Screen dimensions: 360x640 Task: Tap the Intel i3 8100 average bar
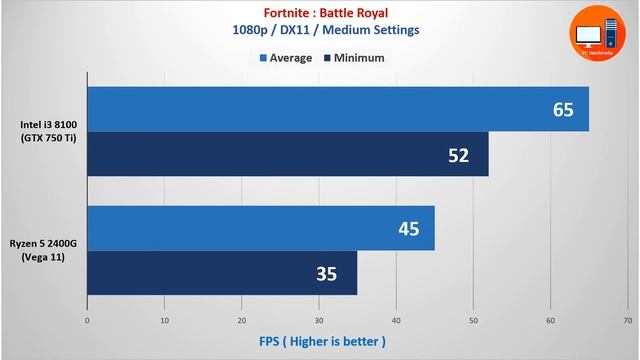pyautogui.click(x=338, y=109)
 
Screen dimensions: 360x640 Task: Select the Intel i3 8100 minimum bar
pyautogui.click(x=288, y=154)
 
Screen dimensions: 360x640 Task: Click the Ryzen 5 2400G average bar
pyautogui.click(x=261, y=228)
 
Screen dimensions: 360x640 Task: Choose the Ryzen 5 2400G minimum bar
pyautogui.click(x=222, y=273)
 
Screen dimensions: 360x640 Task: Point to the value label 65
pyautogui.click(x=563, y=109)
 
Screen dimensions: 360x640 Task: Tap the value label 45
pyautogui.click(x=408, y=228)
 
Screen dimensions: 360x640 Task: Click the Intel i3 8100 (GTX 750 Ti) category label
pyautogui.click(x=48, y=131)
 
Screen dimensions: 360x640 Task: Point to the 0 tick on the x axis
pyautogui.click(x=88, y=321)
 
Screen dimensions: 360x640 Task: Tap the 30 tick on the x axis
pyautogui.click(x=319, y=321)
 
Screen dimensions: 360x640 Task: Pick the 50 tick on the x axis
pyautogui.click(x=473, y=321)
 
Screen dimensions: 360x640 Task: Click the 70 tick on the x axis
pyautogui.click(x=627, y=321)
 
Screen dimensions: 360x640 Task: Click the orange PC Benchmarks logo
pyautogui.click(x=599, y=37)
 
